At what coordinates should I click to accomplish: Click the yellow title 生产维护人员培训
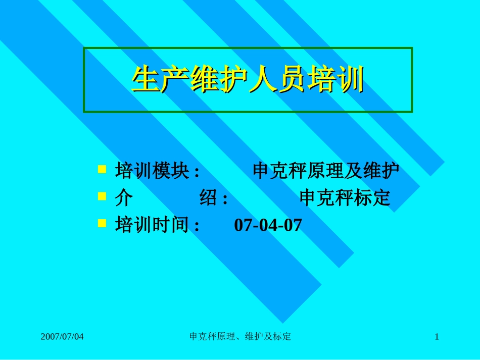click(x=248, y=80)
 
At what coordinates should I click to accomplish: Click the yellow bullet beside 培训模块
click(x=102, y=169)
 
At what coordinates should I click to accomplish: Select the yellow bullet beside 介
click(x=102, y=195)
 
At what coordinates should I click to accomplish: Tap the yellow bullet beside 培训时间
click(x=102, y=222)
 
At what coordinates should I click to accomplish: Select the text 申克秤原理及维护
click(x=326, y=172)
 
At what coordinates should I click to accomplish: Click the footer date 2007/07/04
click(x=62, y=336)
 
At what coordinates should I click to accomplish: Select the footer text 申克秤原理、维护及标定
click(x=239, y=336)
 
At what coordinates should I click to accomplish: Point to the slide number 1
click(x=437, y=336)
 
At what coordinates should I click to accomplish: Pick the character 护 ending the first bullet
click(x=390, y=172)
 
